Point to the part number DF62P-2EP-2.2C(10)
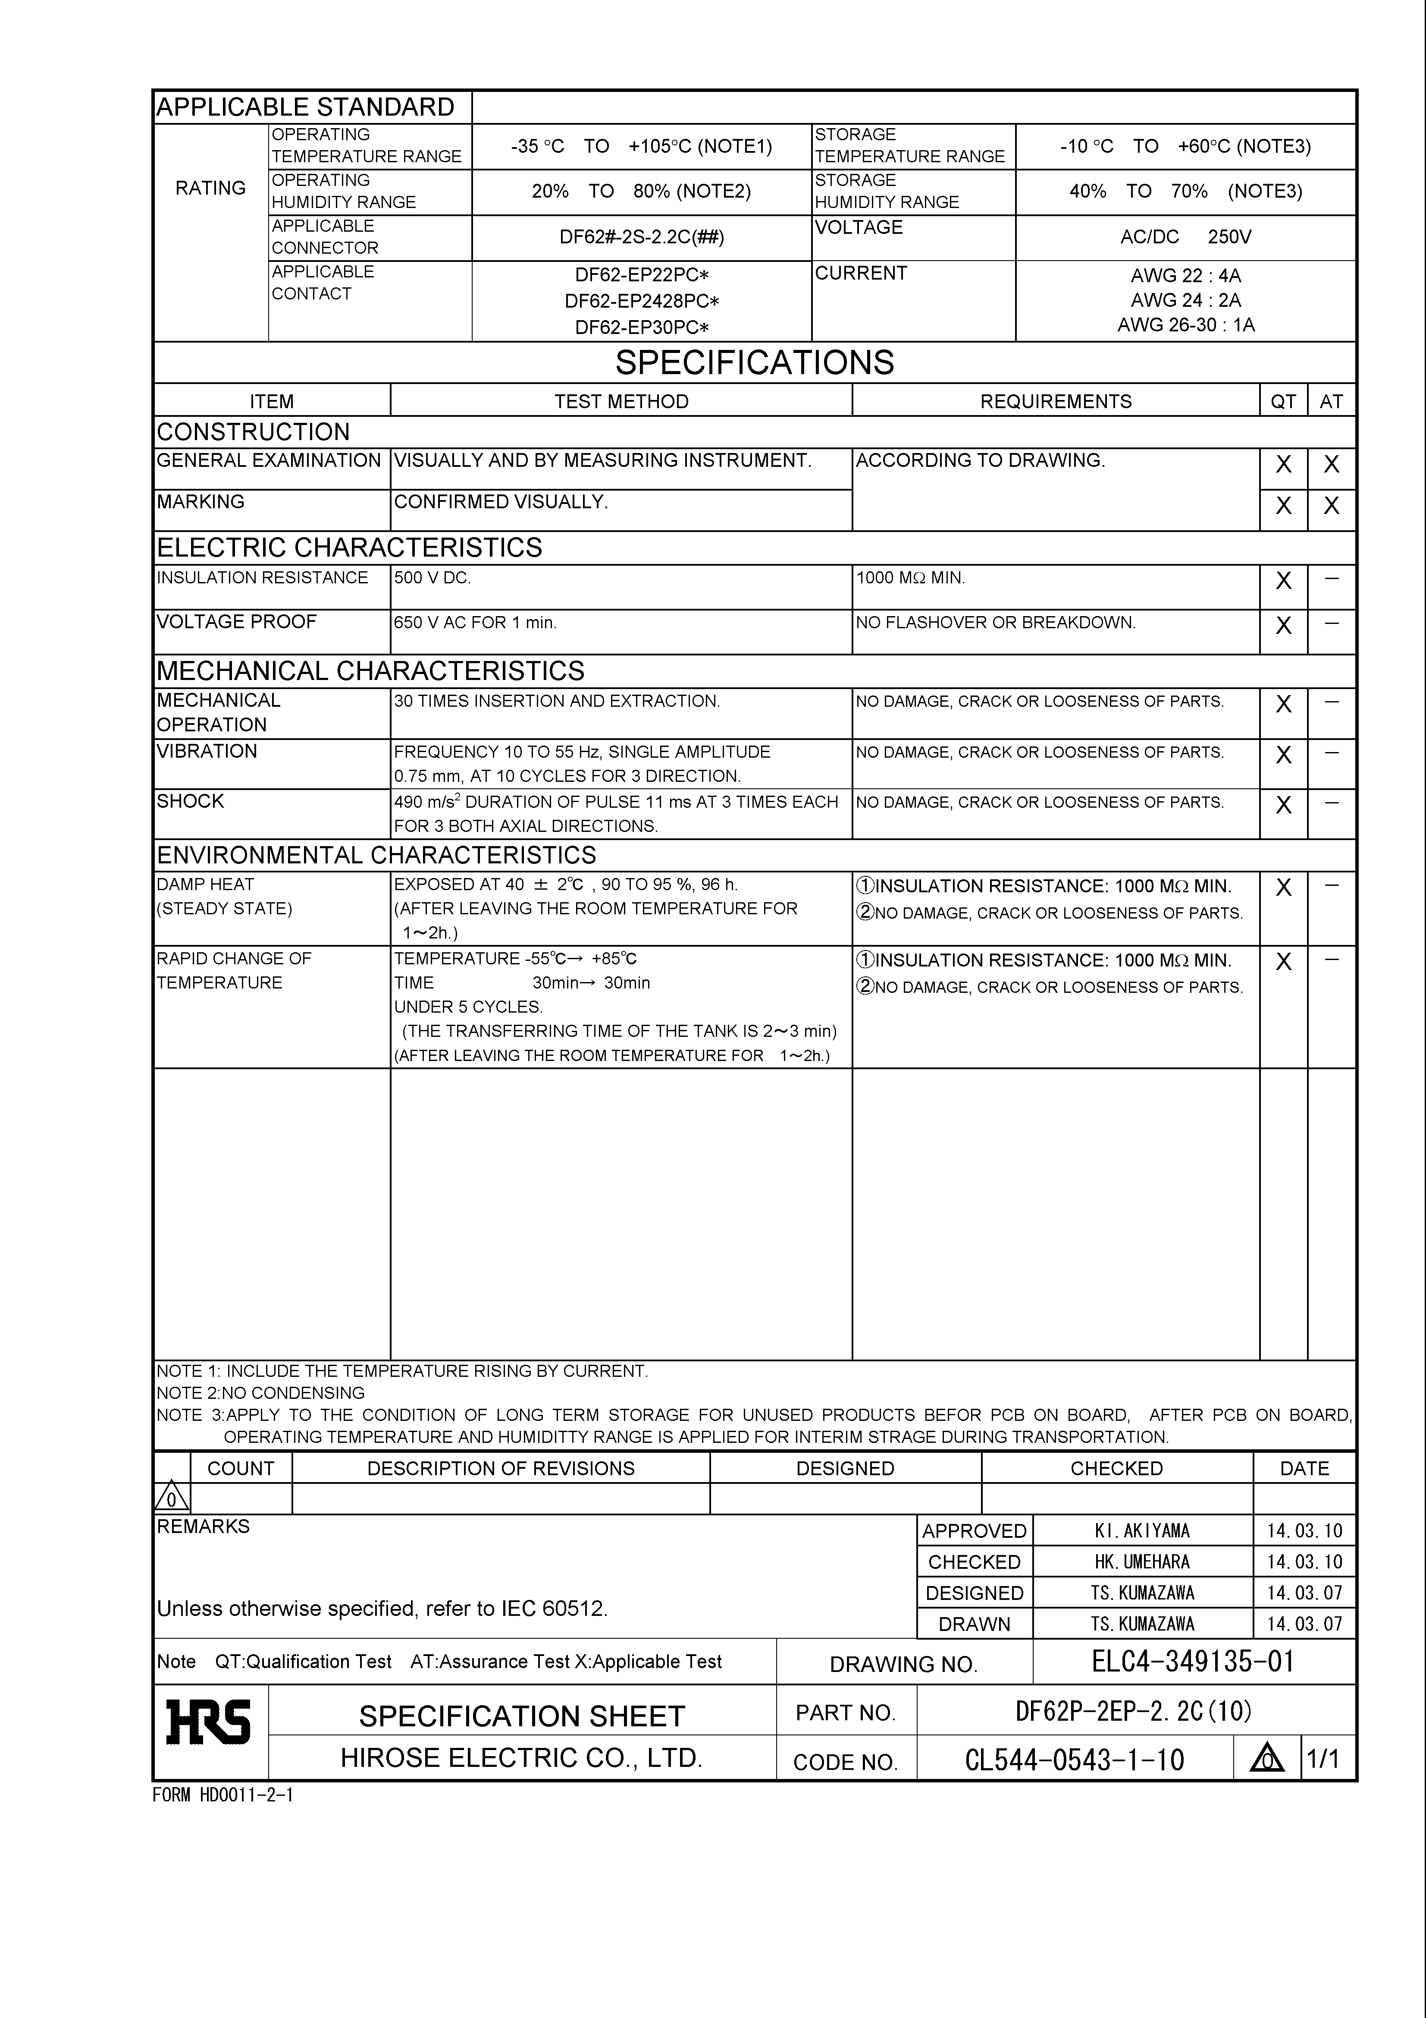click(1133, 1710)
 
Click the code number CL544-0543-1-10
click(1074, 1760)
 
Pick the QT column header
click(1283, 402)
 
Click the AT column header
click(1331, 402)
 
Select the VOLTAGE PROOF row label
click(236, 621)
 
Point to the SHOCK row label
click(191, 801)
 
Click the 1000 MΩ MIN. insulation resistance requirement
click(910, 577)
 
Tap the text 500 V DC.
click(432, 577)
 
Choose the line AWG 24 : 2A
click(1185, 300)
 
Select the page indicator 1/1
click(1323, 1759)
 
